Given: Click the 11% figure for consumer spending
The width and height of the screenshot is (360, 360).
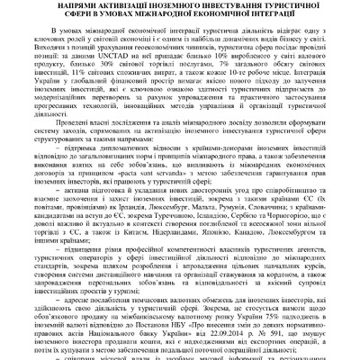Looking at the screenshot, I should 67,79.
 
